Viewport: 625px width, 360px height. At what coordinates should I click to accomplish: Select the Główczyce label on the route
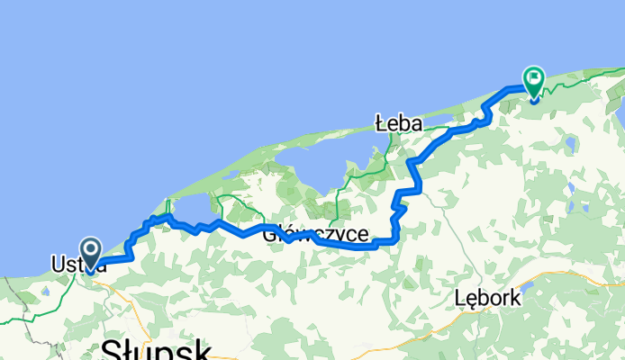coord(315,235)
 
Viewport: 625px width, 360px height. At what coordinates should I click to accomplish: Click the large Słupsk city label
coord(156,349)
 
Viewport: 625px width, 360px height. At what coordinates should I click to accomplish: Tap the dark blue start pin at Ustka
coord(91,251)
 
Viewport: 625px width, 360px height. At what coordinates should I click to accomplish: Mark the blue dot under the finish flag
coord(534,98)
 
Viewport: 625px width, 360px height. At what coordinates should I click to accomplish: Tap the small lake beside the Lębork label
coord(527,288)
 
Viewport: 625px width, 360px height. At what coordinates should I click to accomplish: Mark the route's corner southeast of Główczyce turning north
coord(395,239)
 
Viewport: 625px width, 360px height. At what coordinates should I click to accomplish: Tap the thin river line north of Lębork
coord(468,261)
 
